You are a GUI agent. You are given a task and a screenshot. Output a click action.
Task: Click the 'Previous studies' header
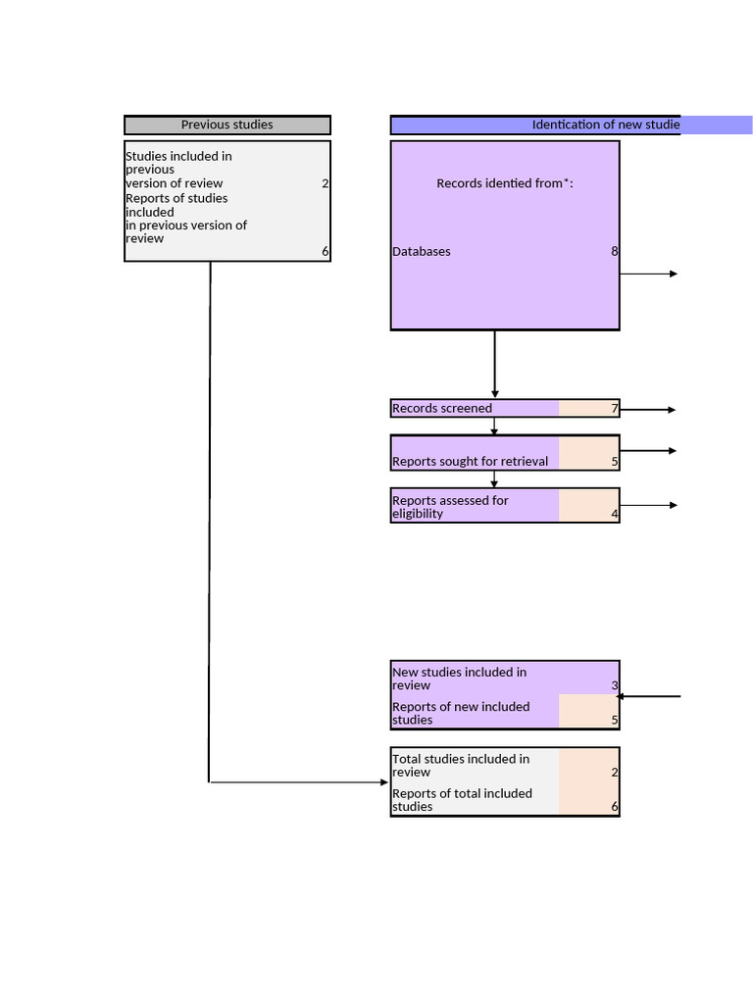(x=226, y=125)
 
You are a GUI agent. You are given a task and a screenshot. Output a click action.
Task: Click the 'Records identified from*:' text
(x=504, y=183)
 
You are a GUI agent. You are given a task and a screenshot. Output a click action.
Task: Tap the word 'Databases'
(x=422, y=251)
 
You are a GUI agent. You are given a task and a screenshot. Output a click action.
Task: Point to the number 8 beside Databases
(x=615, y=251)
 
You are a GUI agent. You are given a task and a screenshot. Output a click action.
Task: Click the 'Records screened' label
(x=442, y=408)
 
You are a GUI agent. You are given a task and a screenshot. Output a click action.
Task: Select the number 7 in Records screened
(x=615, y=408)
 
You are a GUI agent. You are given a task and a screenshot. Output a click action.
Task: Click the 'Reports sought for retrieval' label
(x=470, y=461)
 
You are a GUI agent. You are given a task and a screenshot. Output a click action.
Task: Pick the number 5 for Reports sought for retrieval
(x=615, y=461)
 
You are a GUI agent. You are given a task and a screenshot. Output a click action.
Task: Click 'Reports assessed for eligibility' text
(x=450, y=507)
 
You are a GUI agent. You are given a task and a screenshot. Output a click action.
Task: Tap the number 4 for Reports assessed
(x=615, y=513)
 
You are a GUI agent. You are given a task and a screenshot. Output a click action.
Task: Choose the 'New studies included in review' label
(x=459, y=678)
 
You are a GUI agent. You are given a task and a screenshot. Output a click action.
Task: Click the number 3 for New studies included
(x=615, y=685)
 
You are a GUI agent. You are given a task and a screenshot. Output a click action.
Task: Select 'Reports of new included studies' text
(x=461, y=713)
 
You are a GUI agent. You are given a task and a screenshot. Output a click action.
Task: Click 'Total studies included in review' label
(x=461, y=765)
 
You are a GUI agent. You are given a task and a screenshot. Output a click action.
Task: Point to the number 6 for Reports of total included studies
(x=615, y=807)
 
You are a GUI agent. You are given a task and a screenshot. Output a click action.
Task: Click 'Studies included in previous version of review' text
(x=178, y=170)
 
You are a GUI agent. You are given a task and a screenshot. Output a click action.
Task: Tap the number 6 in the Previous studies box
(x=326, y=251)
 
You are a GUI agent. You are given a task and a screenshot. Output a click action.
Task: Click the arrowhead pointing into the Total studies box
(x=384, y=782)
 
